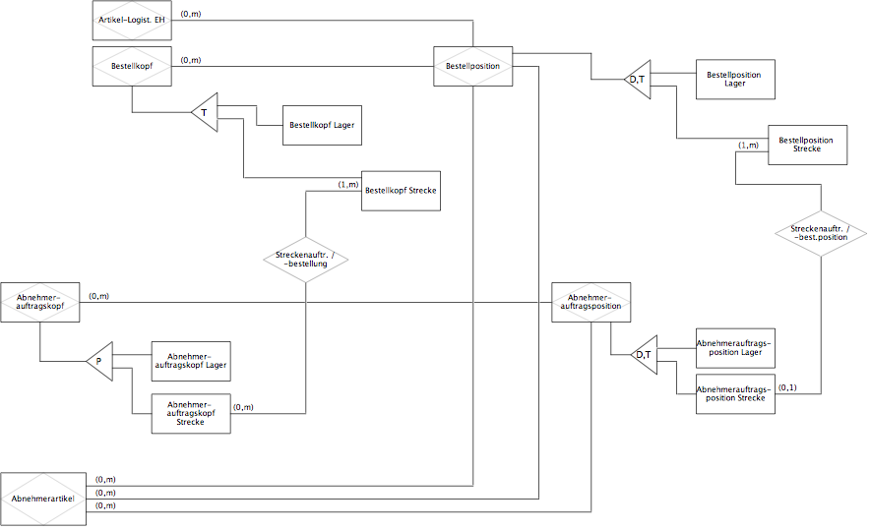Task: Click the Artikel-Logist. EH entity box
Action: (132, 21)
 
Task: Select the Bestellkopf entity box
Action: (132, 66)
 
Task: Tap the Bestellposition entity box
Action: (472, 66)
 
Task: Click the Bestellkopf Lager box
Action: (322, 126)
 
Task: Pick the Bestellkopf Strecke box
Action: (402, 191)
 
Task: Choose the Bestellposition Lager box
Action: (735, 80)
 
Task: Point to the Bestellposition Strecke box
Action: (808, 145)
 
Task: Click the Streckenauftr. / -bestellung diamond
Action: (305, 260)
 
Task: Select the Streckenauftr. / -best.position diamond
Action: (821, 233)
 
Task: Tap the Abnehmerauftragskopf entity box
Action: (40, 303)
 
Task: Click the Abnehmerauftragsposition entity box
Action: (591, 303)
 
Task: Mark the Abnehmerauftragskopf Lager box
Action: (191, 361)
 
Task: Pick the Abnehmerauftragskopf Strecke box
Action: (191, 413)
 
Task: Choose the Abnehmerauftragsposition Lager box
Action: (735, 348)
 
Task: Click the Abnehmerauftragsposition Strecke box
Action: (735, 394)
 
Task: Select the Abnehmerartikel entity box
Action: (43, 499)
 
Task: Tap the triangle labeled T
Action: (205, 113)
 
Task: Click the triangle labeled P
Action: (99, 361)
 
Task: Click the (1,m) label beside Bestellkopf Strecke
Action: (348, 184)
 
